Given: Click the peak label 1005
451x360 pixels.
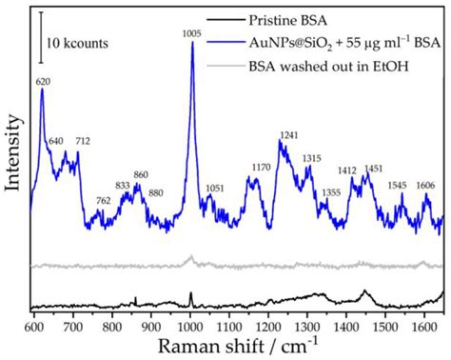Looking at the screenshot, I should [192, 32].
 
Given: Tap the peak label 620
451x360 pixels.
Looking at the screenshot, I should [42, 82].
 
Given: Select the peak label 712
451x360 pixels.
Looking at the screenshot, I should [83, 141].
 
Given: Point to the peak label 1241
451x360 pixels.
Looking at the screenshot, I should [288, 134].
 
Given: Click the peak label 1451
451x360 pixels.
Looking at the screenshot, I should [374, 169].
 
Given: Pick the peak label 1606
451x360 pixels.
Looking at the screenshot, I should [425, 186].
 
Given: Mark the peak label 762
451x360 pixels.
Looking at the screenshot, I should [103, 200].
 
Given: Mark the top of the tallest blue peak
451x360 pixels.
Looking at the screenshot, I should [192, 43].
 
